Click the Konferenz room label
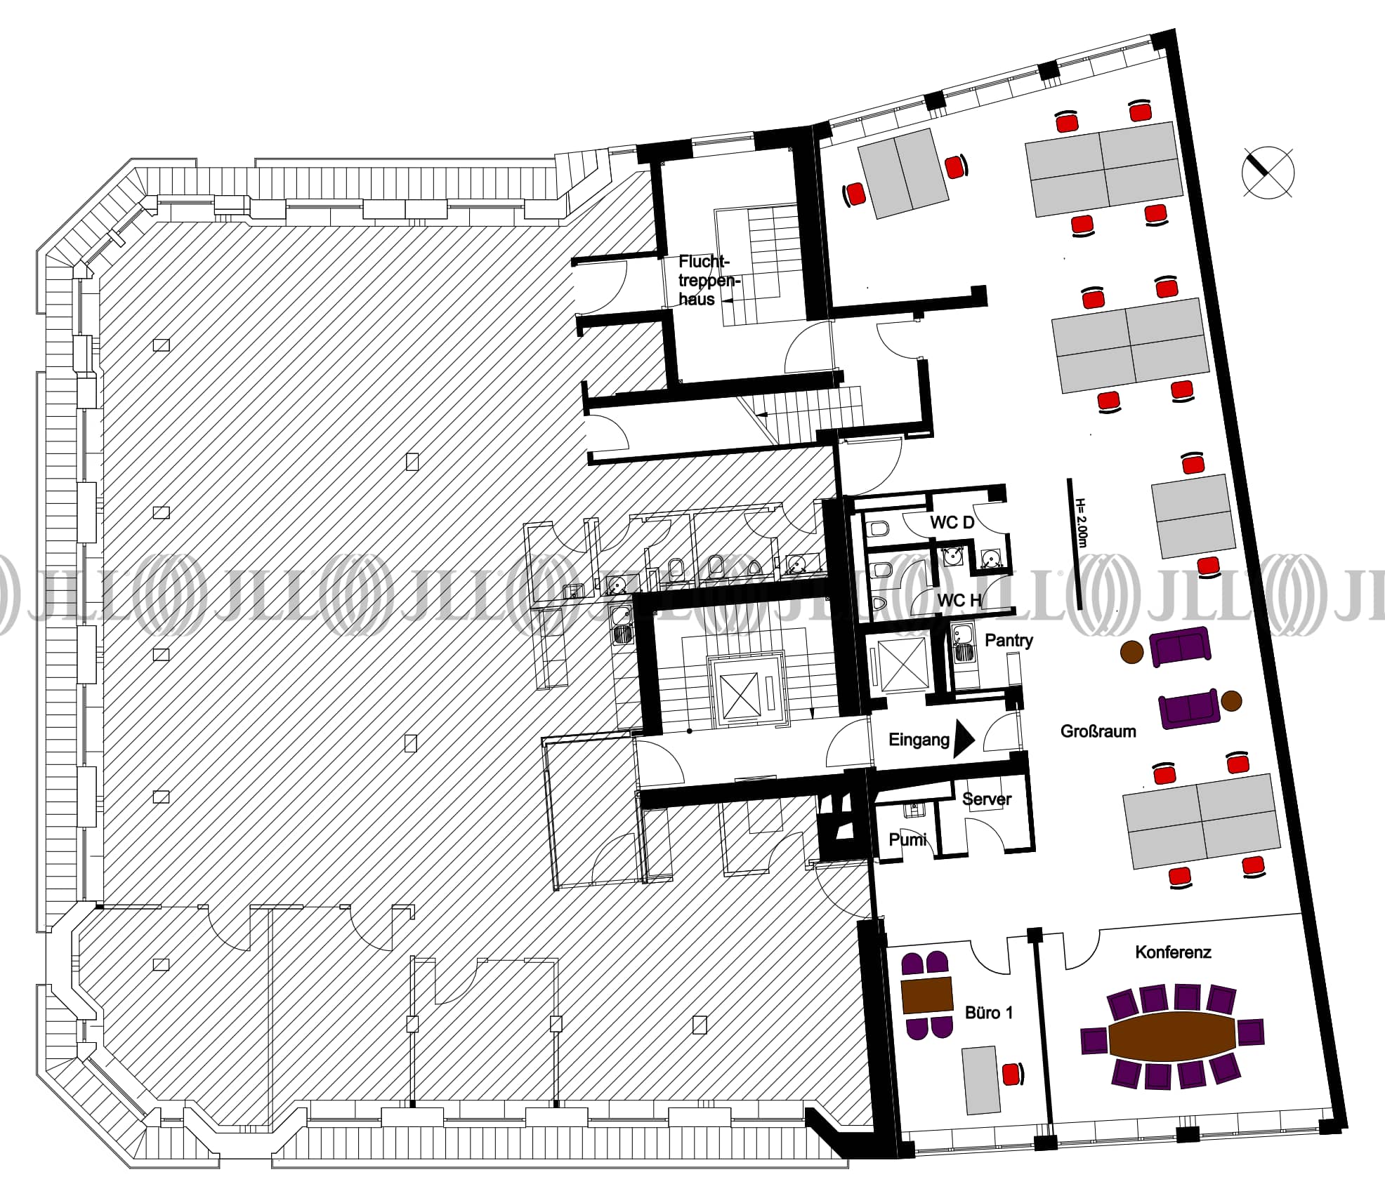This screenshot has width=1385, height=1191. tap(1173, 952)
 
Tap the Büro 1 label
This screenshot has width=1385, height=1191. tap(989, 1013)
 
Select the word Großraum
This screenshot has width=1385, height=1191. tap(1098, 731)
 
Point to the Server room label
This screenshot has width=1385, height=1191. tap(986, 799)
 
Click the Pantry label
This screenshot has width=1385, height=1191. tap(1009, 640)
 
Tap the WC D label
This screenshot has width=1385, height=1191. tap(952, 522)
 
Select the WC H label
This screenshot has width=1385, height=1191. tap(959, 600)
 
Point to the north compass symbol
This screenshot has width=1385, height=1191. tap(1268, 172)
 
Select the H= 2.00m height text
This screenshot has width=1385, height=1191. tap(1081, 524)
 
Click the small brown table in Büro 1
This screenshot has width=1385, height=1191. tap(927, 994)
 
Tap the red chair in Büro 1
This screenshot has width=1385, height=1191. tap(1012, 1074)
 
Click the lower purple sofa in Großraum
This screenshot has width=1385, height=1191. tap(1188, 708)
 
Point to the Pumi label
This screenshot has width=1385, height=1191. tap(907, 839)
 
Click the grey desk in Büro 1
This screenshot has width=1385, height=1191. tap(980, 1080)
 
